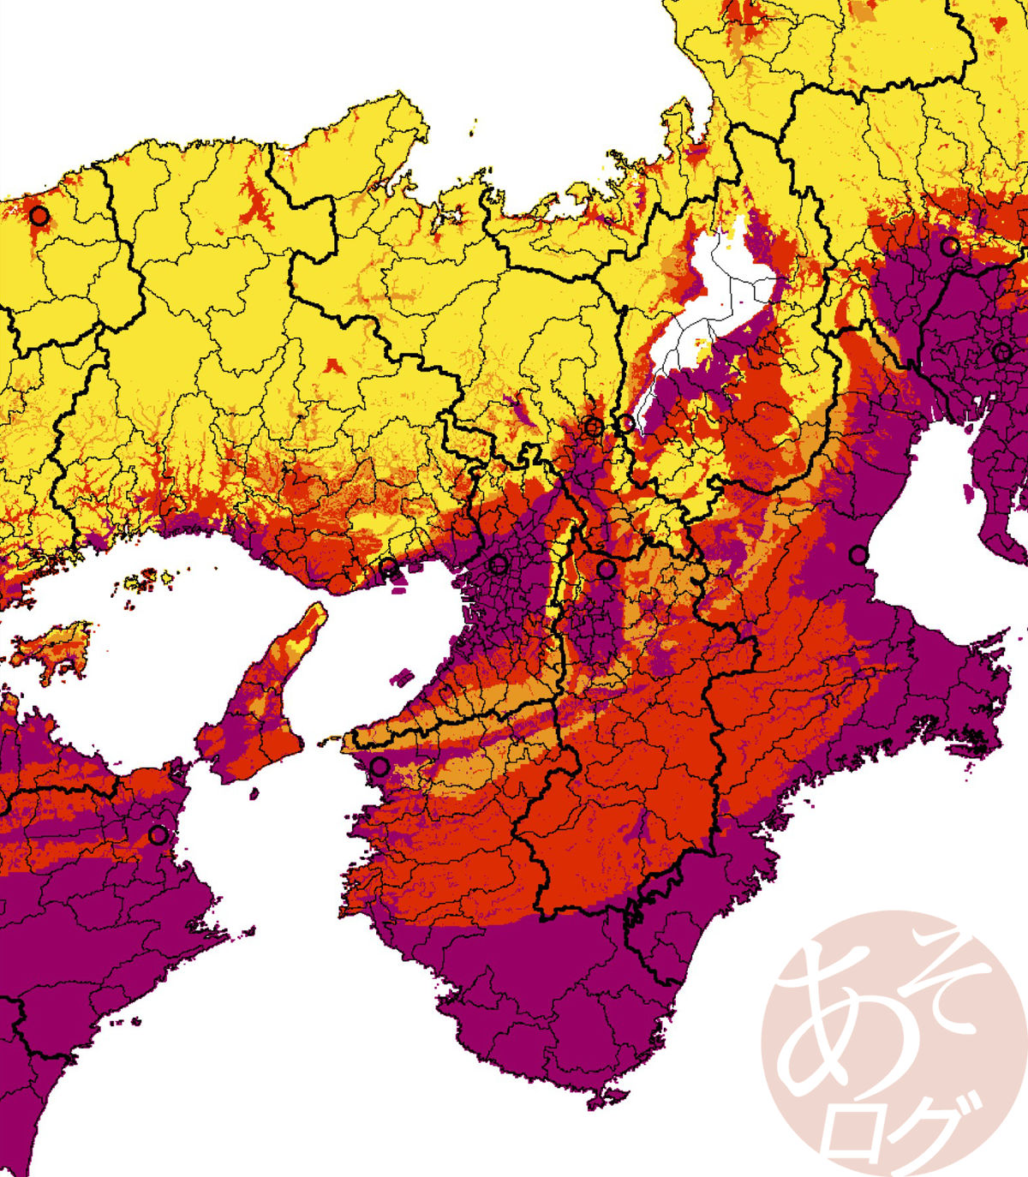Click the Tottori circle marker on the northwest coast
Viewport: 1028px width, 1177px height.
click(39, 215)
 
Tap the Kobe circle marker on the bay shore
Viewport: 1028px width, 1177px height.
click(388, 566)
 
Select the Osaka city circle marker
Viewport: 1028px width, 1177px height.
click(498, 565)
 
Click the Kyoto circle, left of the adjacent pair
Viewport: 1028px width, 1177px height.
click(593, 426)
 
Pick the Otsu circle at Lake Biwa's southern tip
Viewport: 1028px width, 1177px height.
click(626, 422)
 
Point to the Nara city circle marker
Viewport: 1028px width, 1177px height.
click(607, 568)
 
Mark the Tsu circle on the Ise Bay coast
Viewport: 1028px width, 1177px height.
click(858, 555)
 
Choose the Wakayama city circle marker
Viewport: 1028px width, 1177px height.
click(380, 766)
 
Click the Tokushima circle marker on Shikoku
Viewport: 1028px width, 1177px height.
click(158, 833)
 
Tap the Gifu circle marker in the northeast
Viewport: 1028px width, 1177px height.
click(949, 247)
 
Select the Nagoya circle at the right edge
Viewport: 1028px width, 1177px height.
click(1002, 351)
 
